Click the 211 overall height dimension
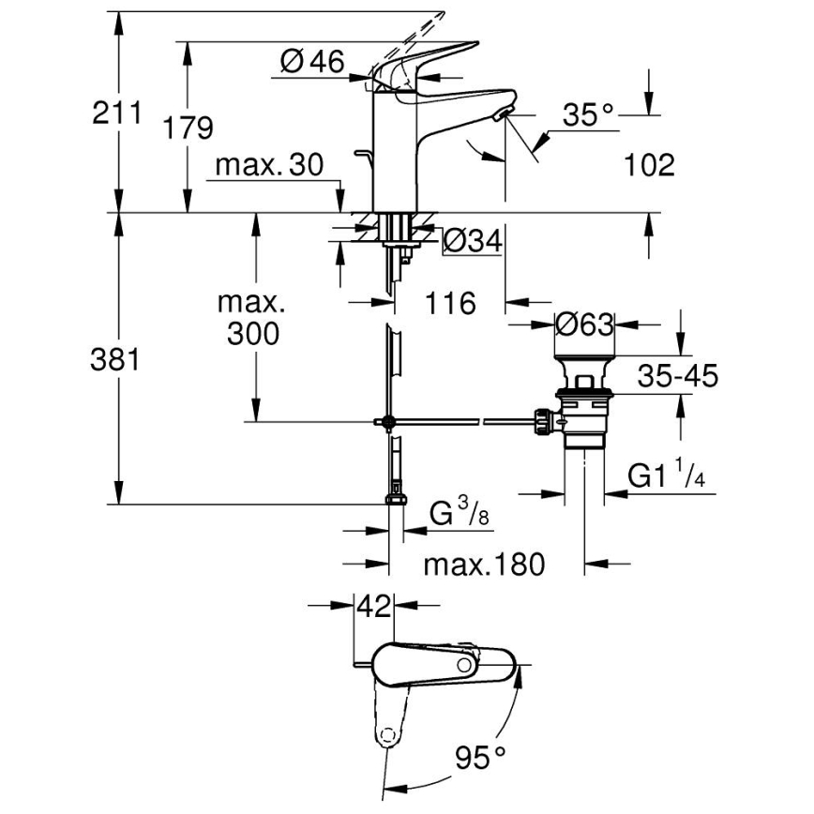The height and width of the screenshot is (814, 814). coord(117,113)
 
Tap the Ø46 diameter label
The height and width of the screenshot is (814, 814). coord(312,62)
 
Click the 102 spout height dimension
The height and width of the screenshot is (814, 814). coord(649,165)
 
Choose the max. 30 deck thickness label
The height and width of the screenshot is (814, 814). coord(268,165)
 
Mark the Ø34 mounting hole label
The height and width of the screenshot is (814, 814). coord(471,242)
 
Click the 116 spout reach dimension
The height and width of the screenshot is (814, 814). coord(450,303)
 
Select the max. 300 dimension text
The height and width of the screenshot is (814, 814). coord(252,318)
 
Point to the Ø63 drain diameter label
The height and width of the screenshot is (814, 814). coord(583,324)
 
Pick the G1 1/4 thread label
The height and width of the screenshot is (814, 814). coord(667,476)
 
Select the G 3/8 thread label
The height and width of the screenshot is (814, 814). coord(459,515)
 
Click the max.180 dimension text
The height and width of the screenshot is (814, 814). coord(483,565)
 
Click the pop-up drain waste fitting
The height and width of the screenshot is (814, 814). coord(581,408)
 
